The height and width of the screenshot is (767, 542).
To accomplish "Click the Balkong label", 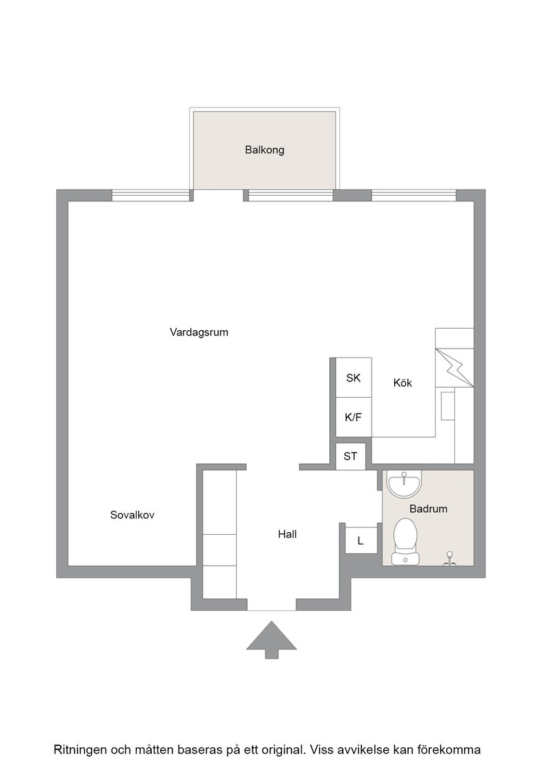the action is [x=264, y=150].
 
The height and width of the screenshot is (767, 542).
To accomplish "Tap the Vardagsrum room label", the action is [x=199, y=332].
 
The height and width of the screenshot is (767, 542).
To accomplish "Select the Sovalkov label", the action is [x=132, y=514].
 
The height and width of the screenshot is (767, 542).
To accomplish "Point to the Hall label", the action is [x=287, y=534].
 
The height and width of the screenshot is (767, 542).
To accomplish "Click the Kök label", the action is [x=402, y=383].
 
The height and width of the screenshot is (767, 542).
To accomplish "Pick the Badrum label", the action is [x=428, y=509].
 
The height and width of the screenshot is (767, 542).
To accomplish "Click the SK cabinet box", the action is [x=353, y=377].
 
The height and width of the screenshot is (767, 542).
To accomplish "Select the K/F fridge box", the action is [x=353, y=417].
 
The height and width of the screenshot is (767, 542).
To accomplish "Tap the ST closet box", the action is [x=350, y=456].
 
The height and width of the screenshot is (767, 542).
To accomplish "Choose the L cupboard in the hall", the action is [x=361, y=540].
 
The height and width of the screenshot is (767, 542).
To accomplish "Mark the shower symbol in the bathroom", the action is [x=450, y=559].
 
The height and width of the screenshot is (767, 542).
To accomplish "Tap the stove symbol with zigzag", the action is [x=454, y=367].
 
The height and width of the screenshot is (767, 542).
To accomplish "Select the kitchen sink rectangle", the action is [x=448, y=405].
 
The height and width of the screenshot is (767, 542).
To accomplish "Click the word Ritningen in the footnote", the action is [x=79, y=750].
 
